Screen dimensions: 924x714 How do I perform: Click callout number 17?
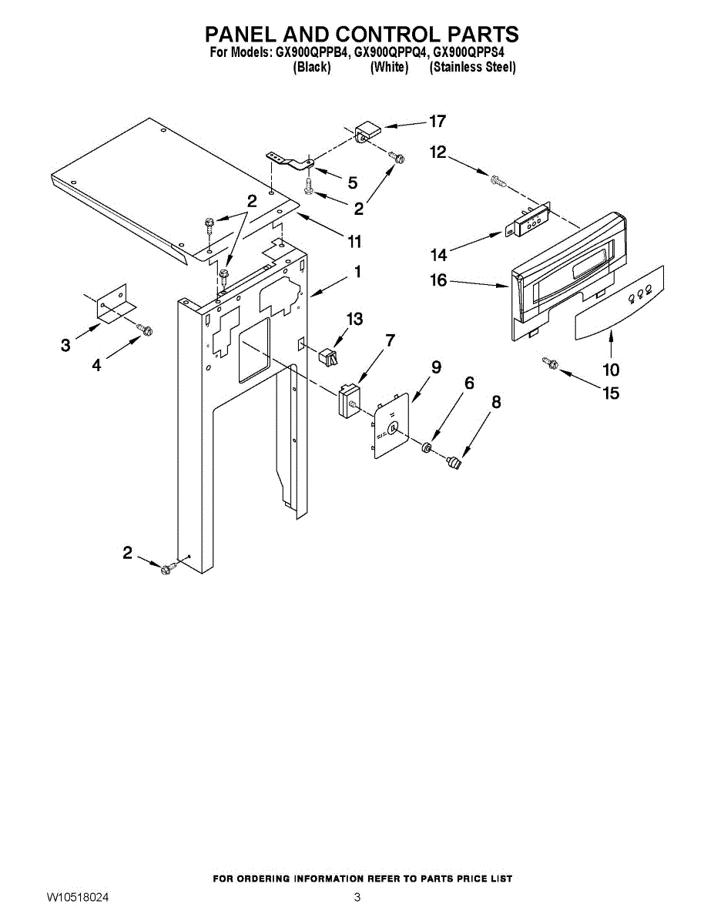coord(437,122)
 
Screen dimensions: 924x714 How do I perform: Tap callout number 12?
coord(437,152)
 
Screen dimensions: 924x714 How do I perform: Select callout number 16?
coord(438,280)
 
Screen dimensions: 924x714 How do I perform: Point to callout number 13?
coord(354,319)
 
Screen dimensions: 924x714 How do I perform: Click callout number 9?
coord(436,367)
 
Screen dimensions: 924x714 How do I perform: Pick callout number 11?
coord(354,243)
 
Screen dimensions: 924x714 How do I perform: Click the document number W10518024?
coord(77,898)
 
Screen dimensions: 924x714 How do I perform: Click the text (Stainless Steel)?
coord(472,68)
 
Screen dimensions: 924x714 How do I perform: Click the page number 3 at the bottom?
coord(357,898)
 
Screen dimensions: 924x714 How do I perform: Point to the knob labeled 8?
coord(455,463)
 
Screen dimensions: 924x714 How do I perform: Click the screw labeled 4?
coord(144,330)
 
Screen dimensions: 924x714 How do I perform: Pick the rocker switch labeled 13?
coord(329,356)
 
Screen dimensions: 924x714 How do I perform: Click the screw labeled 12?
coord(497,182)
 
